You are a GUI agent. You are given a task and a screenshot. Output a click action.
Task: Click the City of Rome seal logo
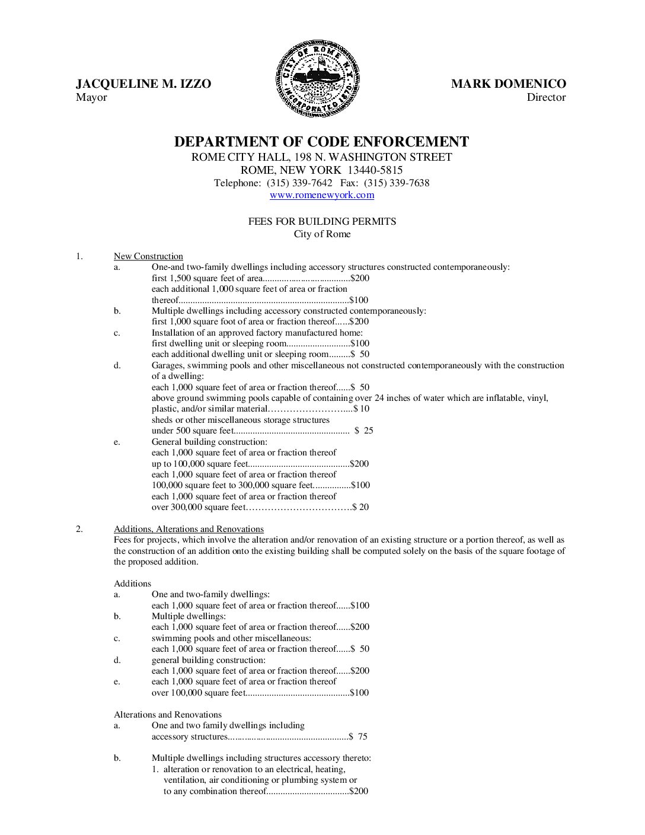pos(318,79)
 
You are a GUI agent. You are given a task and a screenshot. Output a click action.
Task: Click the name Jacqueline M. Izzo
pos(143,84)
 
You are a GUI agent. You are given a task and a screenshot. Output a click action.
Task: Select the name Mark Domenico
pos(508,84)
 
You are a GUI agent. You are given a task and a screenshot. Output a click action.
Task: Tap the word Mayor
pos(91,97)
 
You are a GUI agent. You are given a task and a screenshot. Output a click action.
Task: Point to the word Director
pos(546,97)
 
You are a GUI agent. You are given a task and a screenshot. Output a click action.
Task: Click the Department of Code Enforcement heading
pos(321,142)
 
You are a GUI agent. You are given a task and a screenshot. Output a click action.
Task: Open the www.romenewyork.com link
pos(322,195)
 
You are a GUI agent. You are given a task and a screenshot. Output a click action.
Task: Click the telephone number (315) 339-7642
pos(299,183)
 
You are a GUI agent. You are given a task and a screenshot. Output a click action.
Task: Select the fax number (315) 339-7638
pos(397,183)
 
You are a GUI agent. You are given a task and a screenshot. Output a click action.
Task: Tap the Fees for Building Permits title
pos(322,221)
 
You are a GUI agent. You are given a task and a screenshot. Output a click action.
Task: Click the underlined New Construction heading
pos(148,256)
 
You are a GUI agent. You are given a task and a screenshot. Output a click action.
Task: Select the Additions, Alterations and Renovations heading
pos(189,529)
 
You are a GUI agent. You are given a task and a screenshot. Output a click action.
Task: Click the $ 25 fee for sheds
pos(364,431)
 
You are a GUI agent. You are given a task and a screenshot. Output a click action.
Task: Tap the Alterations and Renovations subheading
pos(168,715)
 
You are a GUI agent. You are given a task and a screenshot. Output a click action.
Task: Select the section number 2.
pos(79,529)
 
